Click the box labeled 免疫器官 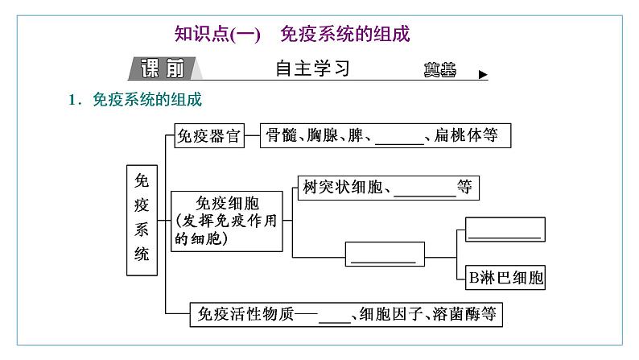coord(209,136)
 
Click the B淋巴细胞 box coord(505,279)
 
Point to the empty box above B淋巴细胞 coord(505,230)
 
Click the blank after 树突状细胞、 coord(426,189)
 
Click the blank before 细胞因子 coord(336,315)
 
